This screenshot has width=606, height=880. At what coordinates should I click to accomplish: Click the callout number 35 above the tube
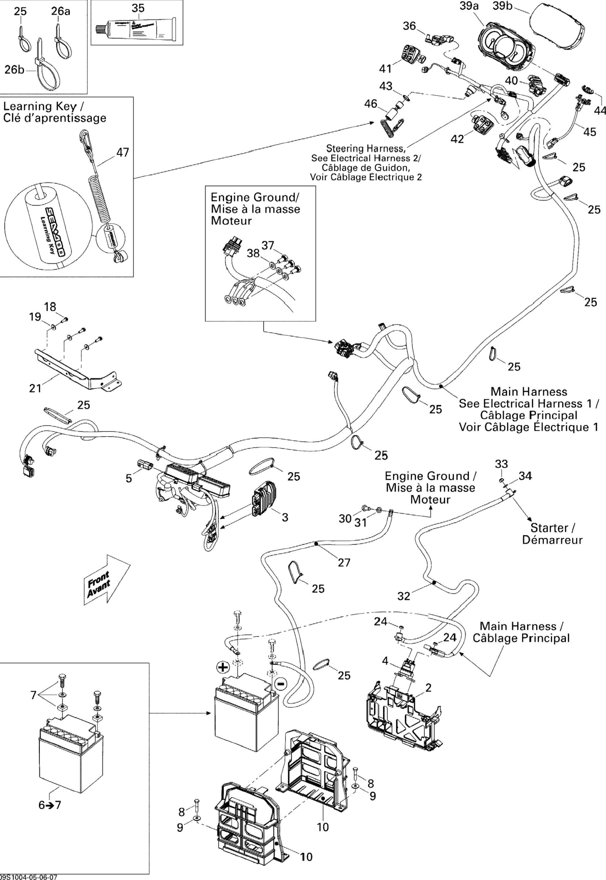tap(138, 8)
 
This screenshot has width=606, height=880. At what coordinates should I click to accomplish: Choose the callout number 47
tap(123, 152)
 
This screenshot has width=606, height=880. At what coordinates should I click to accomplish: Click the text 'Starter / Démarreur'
tap(553, 534)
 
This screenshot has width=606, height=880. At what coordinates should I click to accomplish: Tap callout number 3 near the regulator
tap(285, 517)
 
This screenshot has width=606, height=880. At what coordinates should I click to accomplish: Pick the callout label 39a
tap(469, 6)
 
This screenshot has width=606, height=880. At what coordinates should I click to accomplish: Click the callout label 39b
tap(503, 6)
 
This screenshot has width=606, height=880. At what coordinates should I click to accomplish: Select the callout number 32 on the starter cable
tap(404, 596)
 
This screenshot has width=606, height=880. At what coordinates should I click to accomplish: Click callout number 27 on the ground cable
tap(344, 562)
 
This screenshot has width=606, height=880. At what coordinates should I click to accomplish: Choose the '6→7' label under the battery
tap(50, 805)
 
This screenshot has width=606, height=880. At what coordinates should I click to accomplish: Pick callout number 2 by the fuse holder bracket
tap(428, 688)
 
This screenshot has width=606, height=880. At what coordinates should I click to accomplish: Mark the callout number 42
tap(457, 139)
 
